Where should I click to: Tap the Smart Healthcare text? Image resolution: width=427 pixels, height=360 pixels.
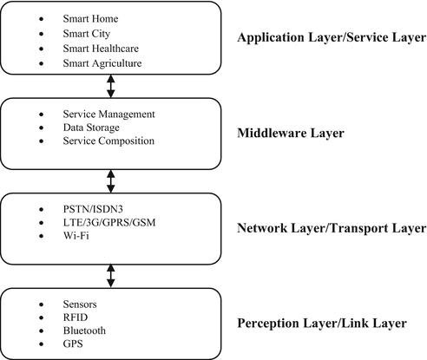101,48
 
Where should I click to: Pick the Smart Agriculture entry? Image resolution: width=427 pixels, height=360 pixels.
102,62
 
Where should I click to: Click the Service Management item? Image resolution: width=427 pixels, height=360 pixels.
108,115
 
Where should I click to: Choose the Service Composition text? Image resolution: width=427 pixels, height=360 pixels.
108,141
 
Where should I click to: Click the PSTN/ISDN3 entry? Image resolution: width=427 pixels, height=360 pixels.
94,209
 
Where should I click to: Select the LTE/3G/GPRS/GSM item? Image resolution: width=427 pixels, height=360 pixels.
111,222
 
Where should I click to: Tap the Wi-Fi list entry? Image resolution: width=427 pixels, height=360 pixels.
77,235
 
